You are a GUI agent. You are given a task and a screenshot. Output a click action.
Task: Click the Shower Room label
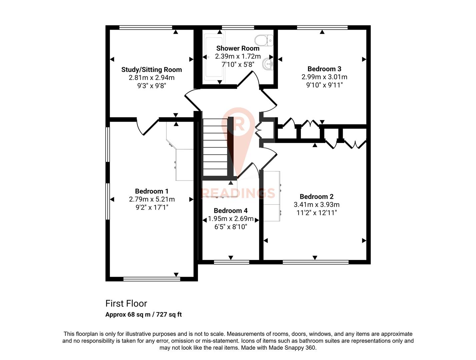coord(238,48)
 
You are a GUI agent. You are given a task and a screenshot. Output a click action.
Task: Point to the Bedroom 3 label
coord(324,69)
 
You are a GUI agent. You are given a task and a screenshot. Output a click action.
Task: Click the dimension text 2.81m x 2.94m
coord(152,78)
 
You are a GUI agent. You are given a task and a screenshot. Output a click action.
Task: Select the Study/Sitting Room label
coord(152,70)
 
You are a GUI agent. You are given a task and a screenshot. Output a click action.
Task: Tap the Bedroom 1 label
coord(152,191)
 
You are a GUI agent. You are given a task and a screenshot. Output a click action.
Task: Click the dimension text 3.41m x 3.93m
coord(316,205)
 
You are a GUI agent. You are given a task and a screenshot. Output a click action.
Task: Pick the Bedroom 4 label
coord(231,211)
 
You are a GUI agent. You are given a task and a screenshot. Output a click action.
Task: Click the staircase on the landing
coord(215,147)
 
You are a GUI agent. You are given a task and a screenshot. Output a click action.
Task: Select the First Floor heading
coord(126,303)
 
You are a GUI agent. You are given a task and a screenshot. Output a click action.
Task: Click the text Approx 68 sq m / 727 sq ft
coord(143,314)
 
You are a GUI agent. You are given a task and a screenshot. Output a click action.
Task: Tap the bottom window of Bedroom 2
coord(315,262)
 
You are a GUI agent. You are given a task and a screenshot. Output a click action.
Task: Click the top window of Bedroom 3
coord(322,28)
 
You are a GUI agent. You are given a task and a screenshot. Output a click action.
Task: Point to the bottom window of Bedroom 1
coord(152,279)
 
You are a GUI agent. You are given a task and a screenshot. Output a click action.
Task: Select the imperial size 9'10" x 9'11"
coord(324,85)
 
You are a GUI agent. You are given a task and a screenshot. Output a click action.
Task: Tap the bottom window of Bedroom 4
coord(231,262)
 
